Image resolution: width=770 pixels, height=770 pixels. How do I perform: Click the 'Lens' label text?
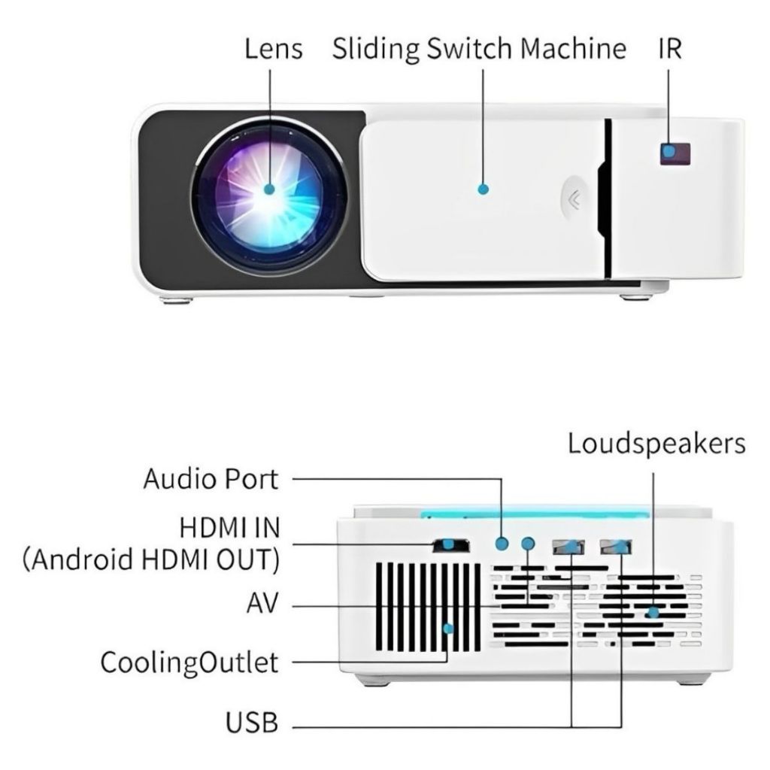click(274, 49)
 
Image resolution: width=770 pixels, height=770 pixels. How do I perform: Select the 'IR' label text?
click(670, 49)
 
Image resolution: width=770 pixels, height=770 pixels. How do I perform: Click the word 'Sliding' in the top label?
click(376, 50)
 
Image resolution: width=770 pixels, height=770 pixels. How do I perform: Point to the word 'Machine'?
click(574, 49)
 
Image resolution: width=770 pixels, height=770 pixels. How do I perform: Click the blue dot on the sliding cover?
click(483, 189)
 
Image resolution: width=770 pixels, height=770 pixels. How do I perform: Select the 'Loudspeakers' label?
click(656, 443)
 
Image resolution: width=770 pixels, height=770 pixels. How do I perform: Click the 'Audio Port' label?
click(211, 478)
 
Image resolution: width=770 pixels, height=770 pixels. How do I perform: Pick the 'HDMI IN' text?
click(229, 528)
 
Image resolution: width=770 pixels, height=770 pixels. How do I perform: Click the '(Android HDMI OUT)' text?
click(151, 560)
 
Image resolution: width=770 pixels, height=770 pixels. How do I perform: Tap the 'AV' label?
click(262, 604)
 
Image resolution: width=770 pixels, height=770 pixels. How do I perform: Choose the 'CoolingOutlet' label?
click(189, 662)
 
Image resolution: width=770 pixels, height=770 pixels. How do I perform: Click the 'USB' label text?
click(252, 725)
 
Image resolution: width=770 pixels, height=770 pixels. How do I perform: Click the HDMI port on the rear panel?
click(450, 544)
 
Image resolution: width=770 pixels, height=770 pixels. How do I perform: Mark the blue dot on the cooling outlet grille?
click(450, 627)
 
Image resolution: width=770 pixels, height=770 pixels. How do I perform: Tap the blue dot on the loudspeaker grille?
click(653, 613)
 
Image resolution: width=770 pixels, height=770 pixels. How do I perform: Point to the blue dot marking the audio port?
click(502, 543)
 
